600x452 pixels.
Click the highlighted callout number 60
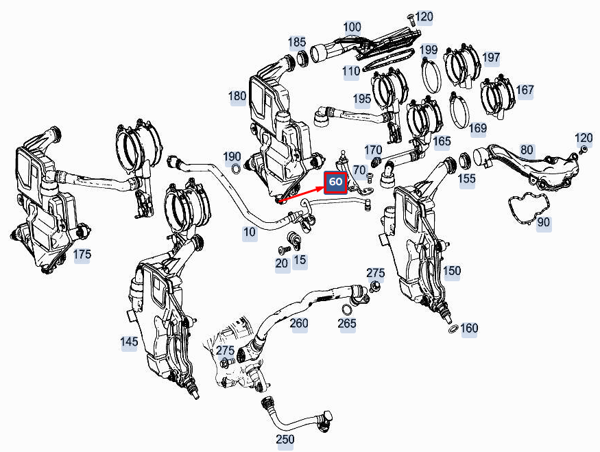point(335,182)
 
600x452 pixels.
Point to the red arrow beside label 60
point(301,194)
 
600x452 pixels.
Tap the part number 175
point(82,254)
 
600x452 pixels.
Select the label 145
point(129,342)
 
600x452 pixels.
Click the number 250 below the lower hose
point(285,439)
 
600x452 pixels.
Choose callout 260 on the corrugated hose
point(299,323)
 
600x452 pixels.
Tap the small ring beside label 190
point(236,169)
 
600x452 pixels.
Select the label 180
point(237,96)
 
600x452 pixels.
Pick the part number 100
point(352,27)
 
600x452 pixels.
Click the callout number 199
point(429,50)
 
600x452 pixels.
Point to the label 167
point(525,90)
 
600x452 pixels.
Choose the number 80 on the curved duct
point(527,150)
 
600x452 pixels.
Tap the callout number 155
point(466,178)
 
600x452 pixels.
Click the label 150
point(452,271)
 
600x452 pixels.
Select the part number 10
point(250,233)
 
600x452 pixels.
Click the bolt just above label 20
point(282,250)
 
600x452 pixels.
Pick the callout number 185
point(297,43)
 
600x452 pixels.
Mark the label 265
point(348,323)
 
